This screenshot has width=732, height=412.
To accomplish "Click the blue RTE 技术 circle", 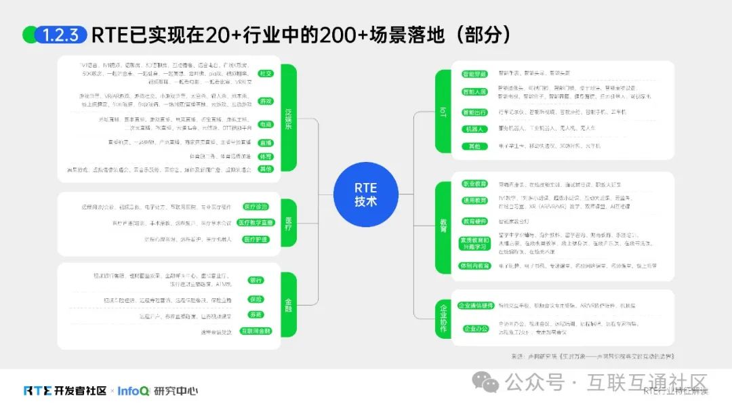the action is click(365, 194).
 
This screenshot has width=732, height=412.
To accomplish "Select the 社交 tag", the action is click(266, 73).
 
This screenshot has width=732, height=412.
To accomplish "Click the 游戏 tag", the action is click(266, 101).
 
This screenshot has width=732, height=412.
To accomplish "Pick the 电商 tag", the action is click(266, 125).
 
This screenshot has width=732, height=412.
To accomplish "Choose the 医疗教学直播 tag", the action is click(256, 222).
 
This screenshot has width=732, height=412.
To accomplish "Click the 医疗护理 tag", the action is click(256, 239).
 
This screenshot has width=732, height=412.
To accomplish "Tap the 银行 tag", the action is click(256, 280).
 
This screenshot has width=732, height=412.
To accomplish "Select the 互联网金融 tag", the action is click(255, 331).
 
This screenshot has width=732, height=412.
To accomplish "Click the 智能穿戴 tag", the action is click(474, 74).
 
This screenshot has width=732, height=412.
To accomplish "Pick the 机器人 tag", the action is click(474, 129).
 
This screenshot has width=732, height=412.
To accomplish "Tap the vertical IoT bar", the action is click(443, 111).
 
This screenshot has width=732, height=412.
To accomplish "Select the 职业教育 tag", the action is click(474, 184).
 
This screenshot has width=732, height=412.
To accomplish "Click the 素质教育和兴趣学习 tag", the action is click(474, 243).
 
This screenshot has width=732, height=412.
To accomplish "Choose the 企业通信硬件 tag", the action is click(474, 306).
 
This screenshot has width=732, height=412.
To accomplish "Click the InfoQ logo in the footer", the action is click(133, 391).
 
